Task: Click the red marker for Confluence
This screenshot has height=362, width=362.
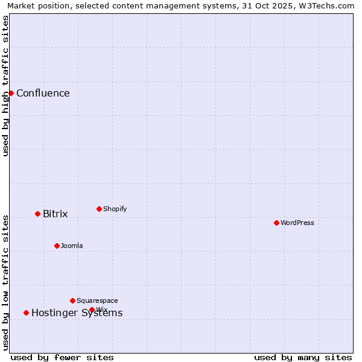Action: tap(11, 93)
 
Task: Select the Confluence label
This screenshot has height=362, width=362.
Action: tap(43, 93)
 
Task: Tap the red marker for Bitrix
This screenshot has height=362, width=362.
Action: tap(37, 214)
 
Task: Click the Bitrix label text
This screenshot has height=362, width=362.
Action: tap(55, 214)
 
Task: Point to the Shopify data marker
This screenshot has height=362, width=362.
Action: tap(99, 209)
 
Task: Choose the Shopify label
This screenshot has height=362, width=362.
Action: tap(115, 209)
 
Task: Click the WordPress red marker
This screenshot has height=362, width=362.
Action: tap(276, 223)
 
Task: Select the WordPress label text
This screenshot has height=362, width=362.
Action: tap(297, 223)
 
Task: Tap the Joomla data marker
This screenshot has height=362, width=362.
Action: tap(57, 246)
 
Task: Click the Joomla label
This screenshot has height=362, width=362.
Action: tap(72, 246)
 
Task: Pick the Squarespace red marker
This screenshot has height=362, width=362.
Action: tap(72, 300)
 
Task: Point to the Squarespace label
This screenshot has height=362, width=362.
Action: tap(97, 300)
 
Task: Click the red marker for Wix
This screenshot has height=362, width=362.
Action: tap(92, 310)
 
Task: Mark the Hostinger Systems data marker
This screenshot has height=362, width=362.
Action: tap(26, 313)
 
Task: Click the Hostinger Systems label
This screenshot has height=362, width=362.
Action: tap(77, 313)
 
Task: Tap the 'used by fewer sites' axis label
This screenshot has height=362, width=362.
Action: tap(62, 357)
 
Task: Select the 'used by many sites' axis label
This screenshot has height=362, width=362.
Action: tap(303, 357)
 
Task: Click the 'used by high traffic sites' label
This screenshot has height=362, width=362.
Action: tap(5, 86)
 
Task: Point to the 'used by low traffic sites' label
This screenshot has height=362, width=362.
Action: tap(5, 282)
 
